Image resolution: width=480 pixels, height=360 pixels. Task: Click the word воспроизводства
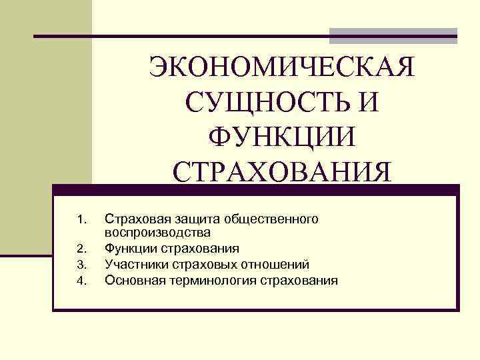click(x=157, y=233)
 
